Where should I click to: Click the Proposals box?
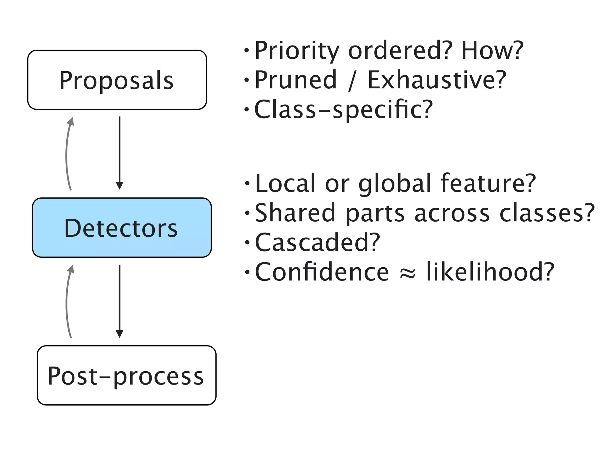click(x=117, y=80)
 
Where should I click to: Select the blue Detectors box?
click(x=122, y=228)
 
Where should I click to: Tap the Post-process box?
click(x=126, y=375)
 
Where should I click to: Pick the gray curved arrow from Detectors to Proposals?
click(x=67, y=154)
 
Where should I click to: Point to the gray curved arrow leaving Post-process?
click(x=67, y=301)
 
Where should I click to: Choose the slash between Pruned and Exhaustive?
click(x=352, y=80)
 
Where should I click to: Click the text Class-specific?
click(x=343, y=109)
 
